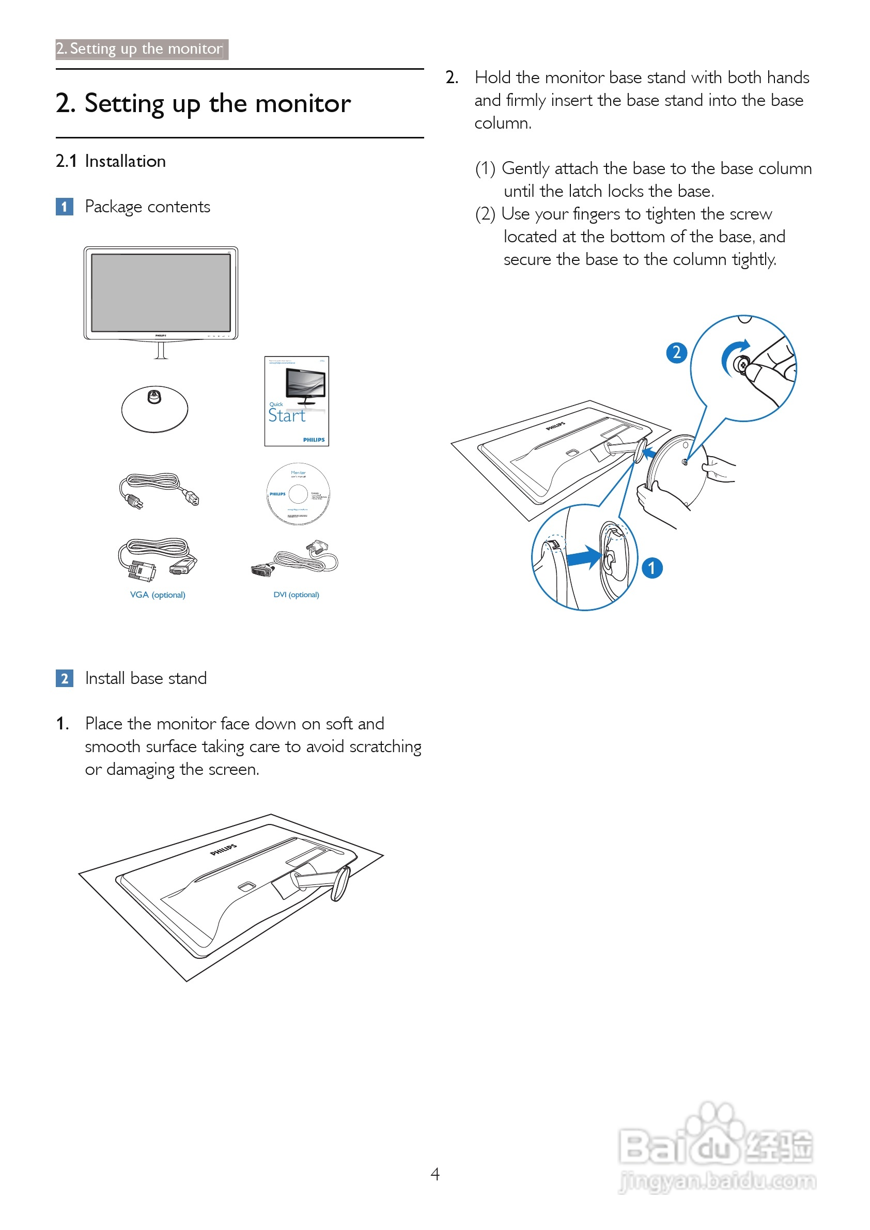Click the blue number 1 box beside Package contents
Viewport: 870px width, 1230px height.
click(64, 206)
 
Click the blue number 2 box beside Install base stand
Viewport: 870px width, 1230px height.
click(64, 678)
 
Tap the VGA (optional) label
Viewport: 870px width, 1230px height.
click(158, 595)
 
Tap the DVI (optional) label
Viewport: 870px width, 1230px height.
click(296, 595)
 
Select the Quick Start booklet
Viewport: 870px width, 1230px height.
click(296, 401)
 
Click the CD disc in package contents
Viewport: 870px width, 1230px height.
click(299, 493)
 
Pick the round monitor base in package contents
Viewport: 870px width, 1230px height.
click(155, 409)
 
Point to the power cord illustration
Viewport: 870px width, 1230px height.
click(159, 490)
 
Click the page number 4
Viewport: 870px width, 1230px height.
click(435, 1174)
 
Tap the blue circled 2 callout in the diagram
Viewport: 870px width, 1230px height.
click(677, 352)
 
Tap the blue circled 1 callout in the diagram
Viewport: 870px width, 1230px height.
click(651, 568)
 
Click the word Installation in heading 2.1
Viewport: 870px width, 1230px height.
click(126, 161)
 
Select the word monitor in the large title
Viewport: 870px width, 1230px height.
click(303, 103)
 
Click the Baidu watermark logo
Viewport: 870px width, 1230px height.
click(716, 1146)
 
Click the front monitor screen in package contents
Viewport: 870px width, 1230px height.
click(161, 292)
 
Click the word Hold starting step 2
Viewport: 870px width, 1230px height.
click(492, 77)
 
